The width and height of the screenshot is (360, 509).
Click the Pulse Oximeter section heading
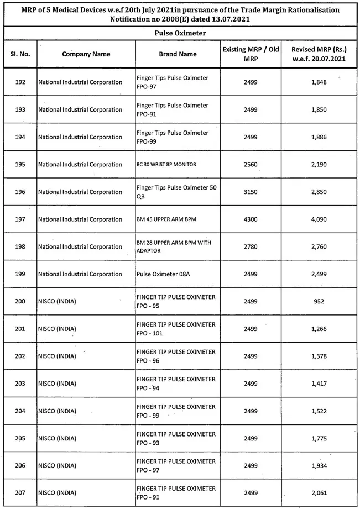coord(180,33)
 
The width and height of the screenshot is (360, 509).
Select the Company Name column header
coord(86,54)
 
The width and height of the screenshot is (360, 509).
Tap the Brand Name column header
coord(178,54)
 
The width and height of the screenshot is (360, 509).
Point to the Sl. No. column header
coord(20,54)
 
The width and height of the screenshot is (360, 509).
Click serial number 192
coord(20,82)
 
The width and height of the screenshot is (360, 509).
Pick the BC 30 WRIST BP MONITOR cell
coord(166,165)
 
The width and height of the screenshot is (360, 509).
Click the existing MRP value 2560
coord(250,165)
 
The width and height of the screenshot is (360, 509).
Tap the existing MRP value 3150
coord(250,192)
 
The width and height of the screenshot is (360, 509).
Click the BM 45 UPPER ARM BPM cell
coord(166,219)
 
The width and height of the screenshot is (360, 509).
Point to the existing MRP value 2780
coord(250,247)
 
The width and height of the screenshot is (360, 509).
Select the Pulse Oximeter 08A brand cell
coord(165,274)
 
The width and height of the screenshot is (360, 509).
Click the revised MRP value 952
coord(318,302)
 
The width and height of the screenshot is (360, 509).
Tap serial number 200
coord(20,302)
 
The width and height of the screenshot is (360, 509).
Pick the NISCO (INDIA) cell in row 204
coord(57,411)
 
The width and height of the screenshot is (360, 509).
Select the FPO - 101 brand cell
coord(176,329)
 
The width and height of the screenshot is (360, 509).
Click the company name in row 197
coord(80,219)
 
